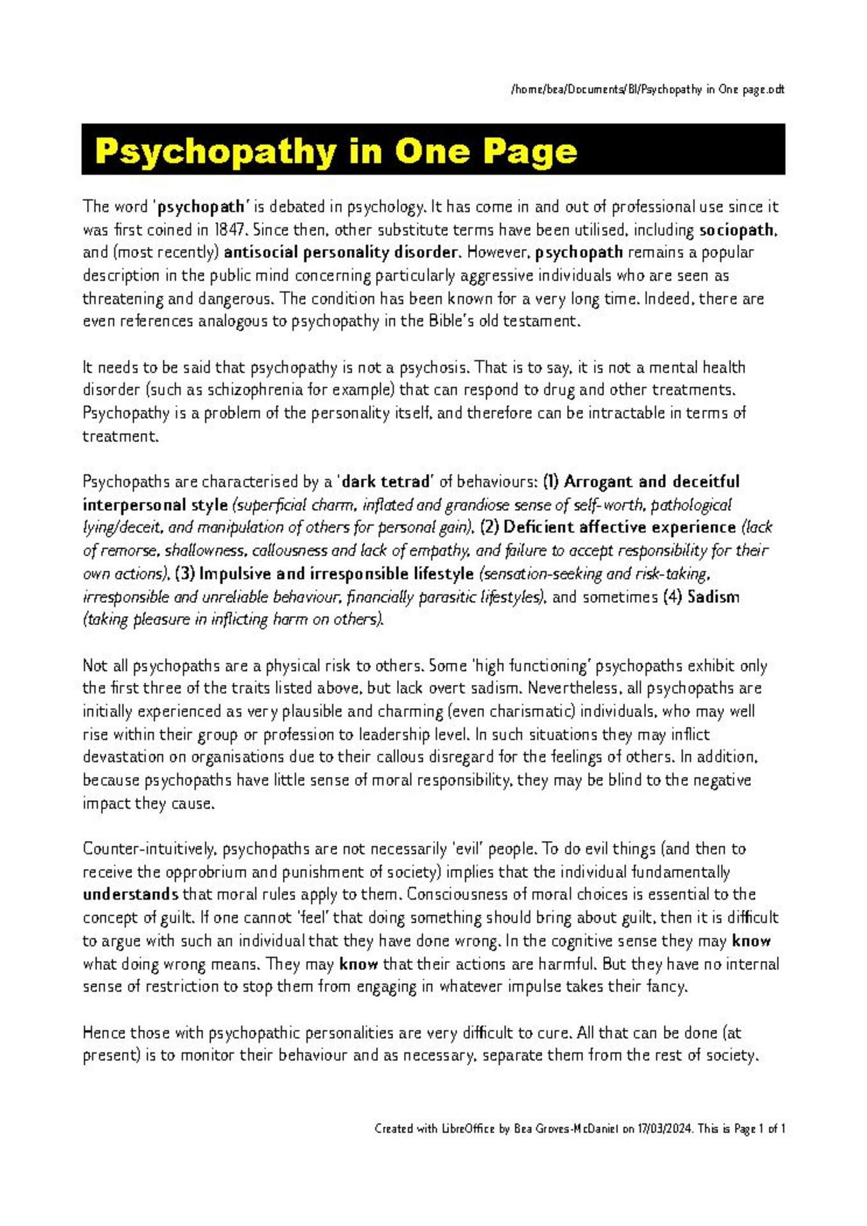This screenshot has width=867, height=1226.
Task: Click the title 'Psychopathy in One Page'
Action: tap(336, 151)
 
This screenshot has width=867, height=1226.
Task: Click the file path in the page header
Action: tap(647, 89)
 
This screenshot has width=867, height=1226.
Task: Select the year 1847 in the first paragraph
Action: tap(229, 230)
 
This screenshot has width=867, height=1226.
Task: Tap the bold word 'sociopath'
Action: tap(736, 230)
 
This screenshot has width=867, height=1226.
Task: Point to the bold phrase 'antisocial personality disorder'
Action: tap(341, 253)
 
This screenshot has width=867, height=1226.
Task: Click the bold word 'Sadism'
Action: tap(713, 597)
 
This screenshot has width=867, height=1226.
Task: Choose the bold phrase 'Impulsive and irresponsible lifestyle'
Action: tap(336, 574)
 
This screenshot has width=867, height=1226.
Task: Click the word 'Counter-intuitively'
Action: tap(150, 849)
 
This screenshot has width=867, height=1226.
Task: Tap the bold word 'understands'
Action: tap(130, 895)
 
